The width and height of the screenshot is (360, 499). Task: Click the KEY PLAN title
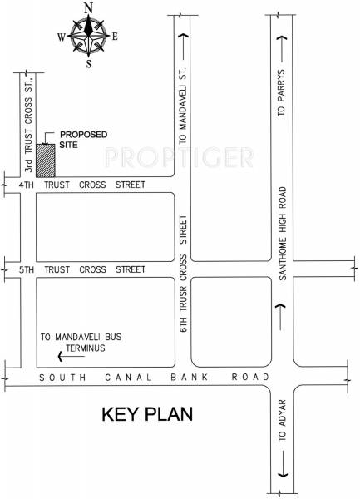click(x=147, y=413)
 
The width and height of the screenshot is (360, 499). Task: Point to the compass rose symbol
click(x=87, y=35)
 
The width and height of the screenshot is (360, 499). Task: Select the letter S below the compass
click(x=87, y=64)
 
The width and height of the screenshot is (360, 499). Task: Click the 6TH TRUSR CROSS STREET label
click(x=182, y=274)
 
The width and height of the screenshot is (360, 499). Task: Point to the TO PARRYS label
click(x=282, y=92)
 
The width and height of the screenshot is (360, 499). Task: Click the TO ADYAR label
click(x=282, y=424)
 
